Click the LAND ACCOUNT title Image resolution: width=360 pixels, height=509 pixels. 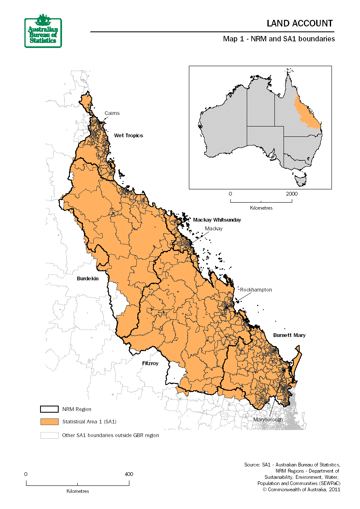[x=299, y=24]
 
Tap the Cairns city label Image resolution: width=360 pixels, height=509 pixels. [x=112, y=113]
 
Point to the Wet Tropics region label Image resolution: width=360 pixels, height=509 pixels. [x=129, y=136]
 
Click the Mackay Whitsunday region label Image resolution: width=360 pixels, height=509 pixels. [x=217, y=220]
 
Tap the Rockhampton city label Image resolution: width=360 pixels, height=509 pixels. [x=256, y=290]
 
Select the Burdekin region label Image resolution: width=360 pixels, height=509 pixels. [x=88, y=279]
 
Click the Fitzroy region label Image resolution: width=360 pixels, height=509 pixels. [x=150, y=363]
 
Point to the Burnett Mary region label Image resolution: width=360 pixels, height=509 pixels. [x=289, y=335]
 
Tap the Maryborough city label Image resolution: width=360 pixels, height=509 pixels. [x=268, y=419]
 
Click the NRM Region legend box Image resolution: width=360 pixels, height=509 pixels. [x=49, y=409]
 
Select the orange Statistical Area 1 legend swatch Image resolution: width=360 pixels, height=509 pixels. [x=49, y=422]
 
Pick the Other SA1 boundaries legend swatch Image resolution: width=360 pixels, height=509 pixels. [x=49, y=435]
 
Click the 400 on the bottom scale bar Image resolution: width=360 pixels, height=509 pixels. [x=129, y=474]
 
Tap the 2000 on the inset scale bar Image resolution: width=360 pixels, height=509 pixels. [x=291, y=194]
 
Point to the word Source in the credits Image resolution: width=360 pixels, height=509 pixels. [x=252, y=465]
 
